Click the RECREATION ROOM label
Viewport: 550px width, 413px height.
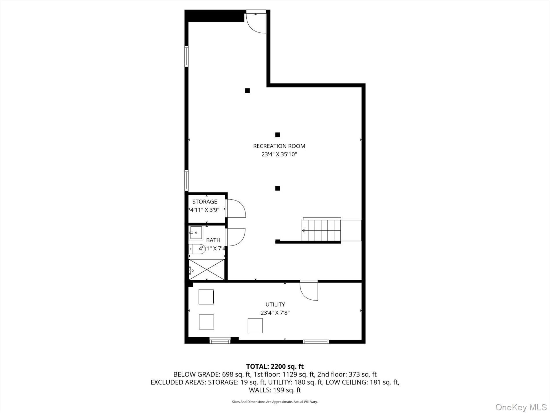pos(279,146)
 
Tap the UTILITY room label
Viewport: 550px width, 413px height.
pos(275,304)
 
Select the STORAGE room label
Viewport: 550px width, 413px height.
pos(205,202)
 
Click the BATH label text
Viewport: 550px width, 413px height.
pos(213,240)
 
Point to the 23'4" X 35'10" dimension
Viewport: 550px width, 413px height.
pos(279,154)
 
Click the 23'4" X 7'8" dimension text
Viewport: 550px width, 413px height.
pos(275,313)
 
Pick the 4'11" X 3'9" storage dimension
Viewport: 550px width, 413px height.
pos(205,210)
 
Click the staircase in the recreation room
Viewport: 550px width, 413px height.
pos(321,230)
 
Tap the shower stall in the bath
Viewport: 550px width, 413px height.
pos(207,270)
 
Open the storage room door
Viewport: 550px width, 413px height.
pos(236,208)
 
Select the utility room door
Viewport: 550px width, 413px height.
pos(309,291)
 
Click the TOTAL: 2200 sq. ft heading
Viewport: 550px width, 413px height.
pos(275,366)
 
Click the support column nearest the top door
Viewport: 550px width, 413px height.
pos(247,91)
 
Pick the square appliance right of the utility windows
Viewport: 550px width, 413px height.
pos(255,325)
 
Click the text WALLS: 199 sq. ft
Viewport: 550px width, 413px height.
pos(275,390)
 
